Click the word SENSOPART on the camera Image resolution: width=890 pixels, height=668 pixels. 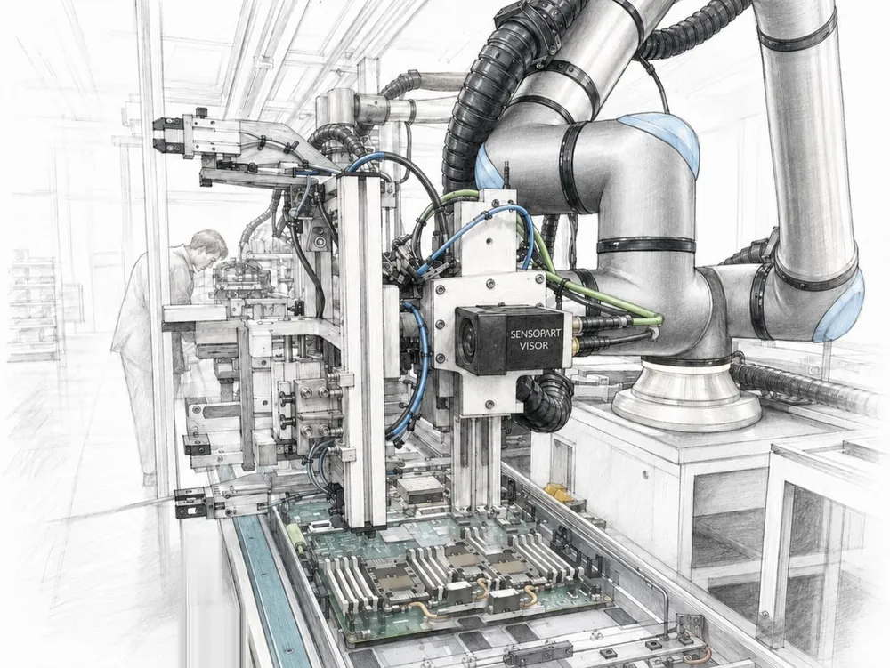(532, 334)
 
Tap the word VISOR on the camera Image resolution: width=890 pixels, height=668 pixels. (533, 346)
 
